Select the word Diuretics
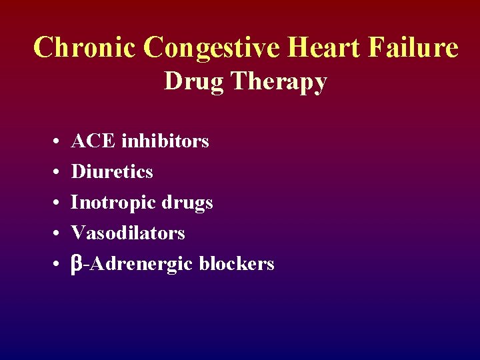[x=112, y=172]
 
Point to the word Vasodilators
[x=128, y=233]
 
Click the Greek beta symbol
[x=77, y=265]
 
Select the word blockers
[x=236, y=264]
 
